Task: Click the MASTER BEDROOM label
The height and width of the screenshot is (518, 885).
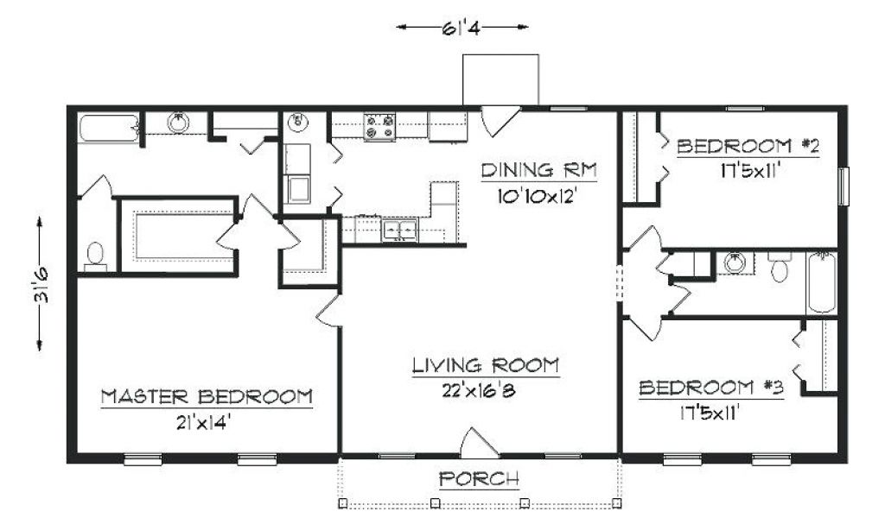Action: [x=207, y=397]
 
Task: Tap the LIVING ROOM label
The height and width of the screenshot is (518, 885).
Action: [x=486, y=366]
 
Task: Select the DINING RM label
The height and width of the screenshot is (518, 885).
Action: [x=538, y=170]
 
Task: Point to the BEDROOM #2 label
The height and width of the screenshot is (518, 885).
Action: [x=748, y=147]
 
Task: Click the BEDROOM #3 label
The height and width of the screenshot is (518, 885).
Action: [x=711, y=388]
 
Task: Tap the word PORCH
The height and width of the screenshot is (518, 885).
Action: [x=479, y=479]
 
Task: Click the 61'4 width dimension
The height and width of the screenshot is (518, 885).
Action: [x=462, y=27]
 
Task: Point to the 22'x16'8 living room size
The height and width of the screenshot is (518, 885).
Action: [x=479, y=390]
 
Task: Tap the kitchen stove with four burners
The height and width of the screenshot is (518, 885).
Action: [x=379, y=127]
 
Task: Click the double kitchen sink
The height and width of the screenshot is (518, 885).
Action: [x=399, y=230]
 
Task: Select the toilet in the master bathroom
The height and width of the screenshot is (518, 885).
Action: [x=95, y=256]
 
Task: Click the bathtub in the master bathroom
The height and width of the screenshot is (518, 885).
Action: [x=108, y=129]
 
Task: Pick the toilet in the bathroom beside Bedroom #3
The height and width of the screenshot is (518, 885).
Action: [x=780, y=267]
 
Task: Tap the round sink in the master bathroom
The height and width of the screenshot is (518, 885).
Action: [x=178, y=123]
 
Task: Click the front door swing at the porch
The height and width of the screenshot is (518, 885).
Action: [x=479, y=443]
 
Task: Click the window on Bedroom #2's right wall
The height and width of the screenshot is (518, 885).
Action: [x=844, y=186]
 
